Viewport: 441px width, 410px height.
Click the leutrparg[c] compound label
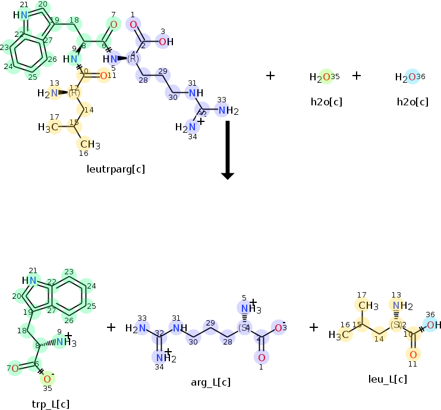coord(116,170)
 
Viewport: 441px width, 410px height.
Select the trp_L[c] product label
coord(51,404)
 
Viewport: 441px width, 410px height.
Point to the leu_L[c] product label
coord(388,379)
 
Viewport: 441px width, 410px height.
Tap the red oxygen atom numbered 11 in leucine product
coord(414,355)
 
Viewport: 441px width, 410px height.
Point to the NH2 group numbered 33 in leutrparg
coord(226,111)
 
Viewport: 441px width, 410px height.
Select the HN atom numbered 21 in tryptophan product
coord(29,281)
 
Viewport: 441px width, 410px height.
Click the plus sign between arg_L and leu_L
coord(313,327)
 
